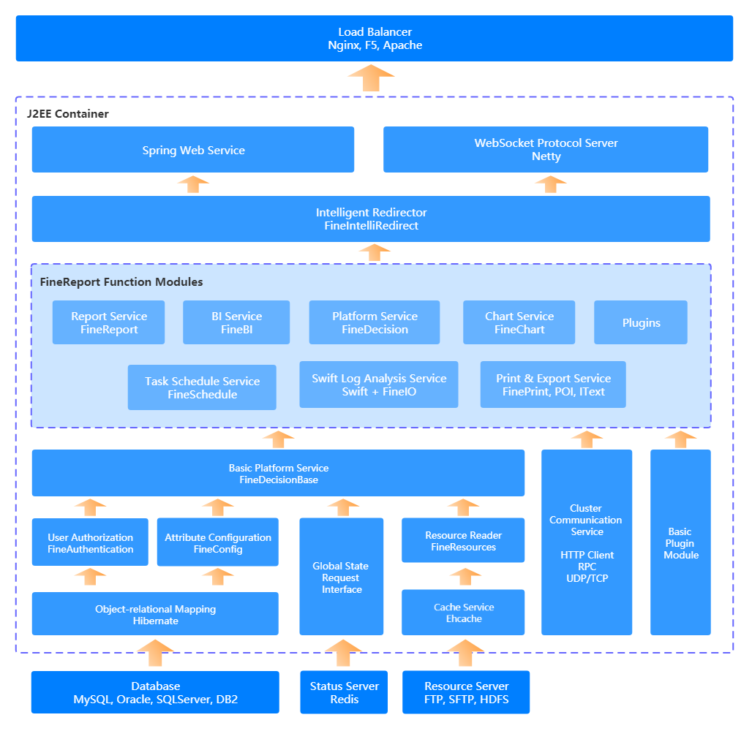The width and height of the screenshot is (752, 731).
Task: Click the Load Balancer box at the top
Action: [375, 39]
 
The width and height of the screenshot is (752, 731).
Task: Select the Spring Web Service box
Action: [193, 150]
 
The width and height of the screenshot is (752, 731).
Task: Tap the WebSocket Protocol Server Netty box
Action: [546, 150]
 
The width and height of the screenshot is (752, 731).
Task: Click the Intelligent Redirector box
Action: [371, 219]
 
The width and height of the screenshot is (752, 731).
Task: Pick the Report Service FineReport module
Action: [109, 322]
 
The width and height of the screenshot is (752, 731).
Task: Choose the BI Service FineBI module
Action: [236, 322]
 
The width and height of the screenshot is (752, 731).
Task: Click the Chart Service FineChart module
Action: [519, 322]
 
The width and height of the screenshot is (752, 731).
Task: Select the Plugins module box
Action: [641, 322]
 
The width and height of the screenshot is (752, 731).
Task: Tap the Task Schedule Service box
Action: [202, 387]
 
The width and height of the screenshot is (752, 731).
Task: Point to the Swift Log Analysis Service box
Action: [379, 385]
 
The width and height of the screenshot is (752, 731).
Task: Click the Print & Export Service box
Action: [553, 385]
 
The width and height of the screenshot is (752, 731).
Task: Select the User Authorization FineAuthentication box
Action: [90, 542]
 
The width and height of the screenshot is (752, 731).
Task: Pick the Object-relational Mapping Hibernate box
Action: [155, 614]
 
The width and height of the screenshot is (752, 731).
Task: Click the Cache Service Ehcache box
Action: [463, 613]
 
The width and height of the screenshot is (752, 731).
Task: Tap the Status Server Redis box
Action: [345, 692]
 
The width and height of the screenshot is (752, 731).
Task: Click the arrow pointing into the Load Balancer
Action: [371, 77]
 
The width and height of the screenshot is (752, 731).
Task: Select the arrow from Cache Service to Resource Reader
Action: [464, 576]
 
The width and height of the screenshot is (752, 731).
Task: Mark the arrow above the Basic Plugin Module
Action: [680, 439]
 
